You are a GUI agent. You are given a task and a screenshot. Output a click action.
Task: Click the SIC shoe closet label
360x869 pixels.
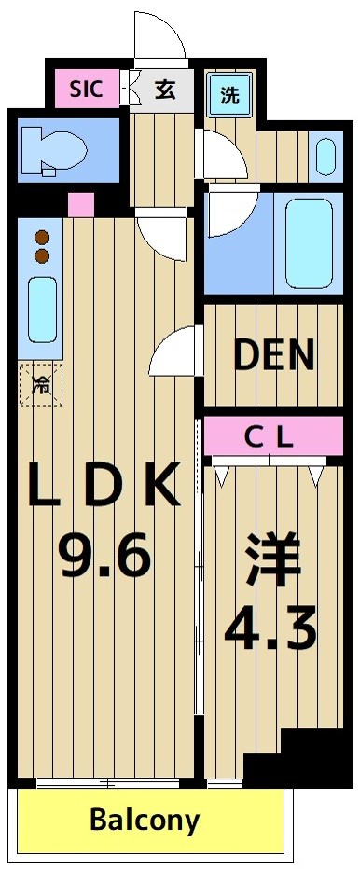pyautogui.click(x=87, y=90)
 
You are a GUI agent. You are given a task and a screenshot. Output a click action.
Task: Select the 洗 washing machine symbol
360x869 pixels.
pyautogui.click(x=228, y=93)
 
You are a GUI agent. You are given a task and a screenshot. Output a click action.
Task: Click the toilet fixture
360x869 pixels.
pyautogui.click(x=55, y=149)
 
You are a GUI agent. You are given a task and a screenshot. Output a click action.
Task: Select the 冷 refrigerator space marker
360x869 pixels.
pyautogui.click(x=41, y=383)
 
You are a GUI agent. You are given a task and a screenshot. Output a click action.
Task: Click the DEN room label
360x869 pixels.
pyautogui.click(x=273, y=354)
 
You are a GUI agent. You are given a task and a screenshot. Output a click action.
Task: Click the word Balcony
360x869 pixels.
pyautogui.click(x=145, y=821)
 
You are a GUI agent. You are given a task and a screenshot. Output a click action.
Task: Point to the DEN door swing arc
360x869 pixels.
pyautogui.click(x=175, y=352)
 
